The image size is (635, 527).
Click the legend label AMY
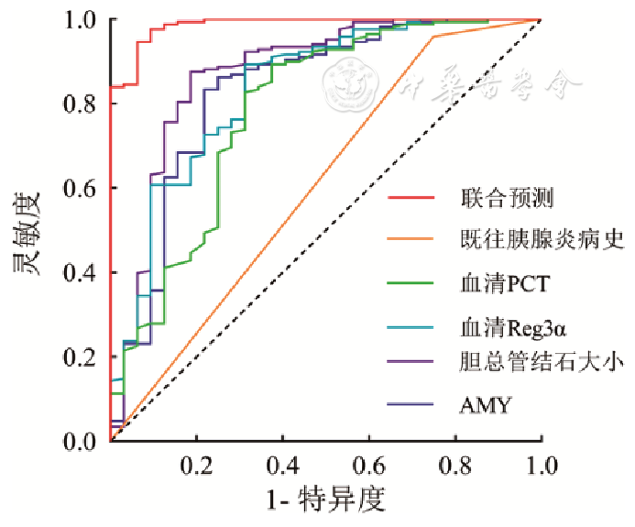point(482,403)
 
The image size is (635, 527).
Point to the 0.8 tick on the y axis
point(82,104)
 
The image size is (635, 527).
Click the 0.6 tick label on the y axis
point(82,188)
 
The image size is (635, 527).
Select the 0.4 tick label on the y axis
point(82,272)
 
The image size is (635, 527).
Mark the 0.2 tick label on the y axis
point(82,357)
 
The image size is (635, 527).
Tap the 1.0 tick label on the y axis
point(82,19)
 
